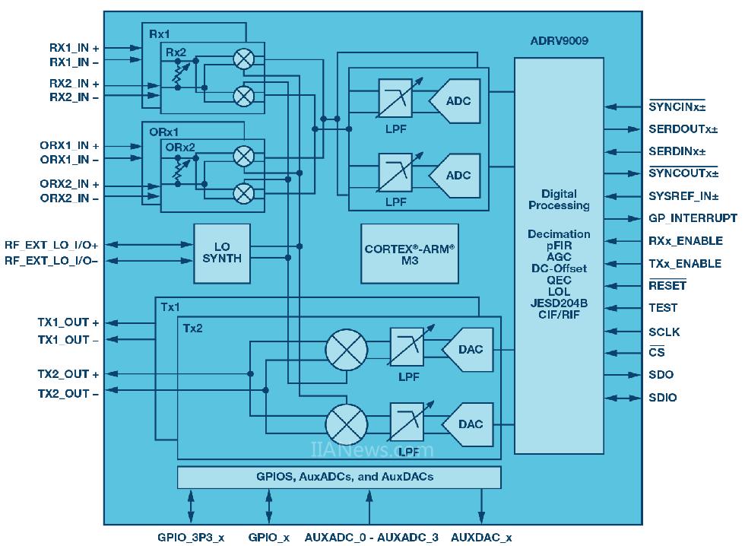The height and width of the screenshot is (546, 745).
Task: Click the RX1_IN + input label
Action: pos(74,48)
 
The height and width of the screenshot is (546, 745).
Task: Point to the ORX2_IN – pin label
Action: pos(69,198)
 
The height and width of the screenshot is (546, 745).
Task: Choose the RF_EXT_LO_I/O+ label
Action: pos(52,245)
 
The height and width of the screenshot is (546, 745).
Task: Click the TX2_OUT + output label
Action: pos(68,374)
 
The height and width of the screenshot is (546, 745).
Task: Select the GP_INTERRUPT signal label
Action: pos(693,217)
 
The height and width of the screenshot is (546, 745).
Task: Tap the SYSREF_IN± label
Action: pos(683,195)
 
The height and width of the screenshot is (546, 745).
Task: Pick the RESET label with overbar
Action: pos(667,286)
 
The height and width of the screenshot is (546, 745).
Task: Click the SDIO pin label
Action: pos(662,397)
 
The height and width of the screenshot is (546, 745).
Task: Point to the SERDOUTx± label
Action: pos(683,129)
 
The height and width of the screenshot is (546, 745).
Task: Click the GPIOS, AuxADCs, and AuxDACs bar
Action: pos(339,477)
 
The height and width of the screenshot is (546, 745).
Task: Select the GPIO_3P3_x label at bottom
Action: pos(191,537)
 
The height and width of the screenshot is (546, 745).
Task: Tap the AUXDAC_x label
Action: pos(480,537)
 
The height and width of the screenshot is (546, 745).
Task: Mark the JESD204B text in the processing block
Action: pos(559,303)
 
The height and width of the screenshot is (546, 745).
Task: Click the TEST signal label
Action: pos(663,308)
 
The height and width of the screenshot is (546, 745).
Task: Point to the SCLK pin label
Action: pos(664,332)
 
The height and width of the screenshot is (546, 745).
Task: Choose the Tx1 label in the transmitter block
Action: pos(170,307)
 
